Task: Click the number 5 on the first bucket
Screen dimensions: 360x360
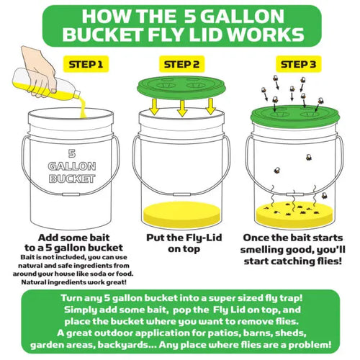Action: pos(71,153)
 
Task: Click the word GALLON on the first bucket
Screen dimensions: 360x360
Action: pos(71,166)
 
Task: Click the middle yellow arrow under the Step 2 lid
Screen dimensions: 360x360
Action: pos(180,107)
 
